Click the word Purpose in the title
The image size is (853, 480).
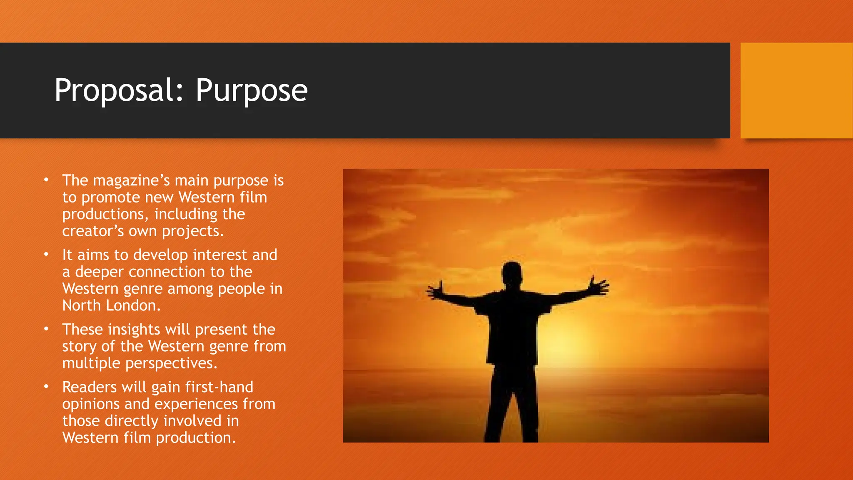click(x=251, y=90)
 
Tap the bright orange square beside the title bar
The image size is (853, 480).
click(x=796, y=90)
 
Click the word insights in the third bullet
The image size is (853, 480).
click(x=134, y=330)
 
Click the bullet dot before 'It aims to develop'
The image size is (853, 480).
click(x=46, y=254)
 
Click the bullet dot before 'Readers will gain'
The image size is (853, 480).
click(x=46, y=387)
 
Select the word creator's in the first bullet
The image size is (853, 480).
click(x=93, y=231)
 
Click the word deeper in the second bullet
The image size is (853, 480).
click(x=99, y=272)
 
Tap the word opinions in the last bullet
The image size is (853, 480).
click(x=91, y=404)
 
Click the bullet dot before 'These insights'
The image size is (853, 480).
click(x=46, y=329)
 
